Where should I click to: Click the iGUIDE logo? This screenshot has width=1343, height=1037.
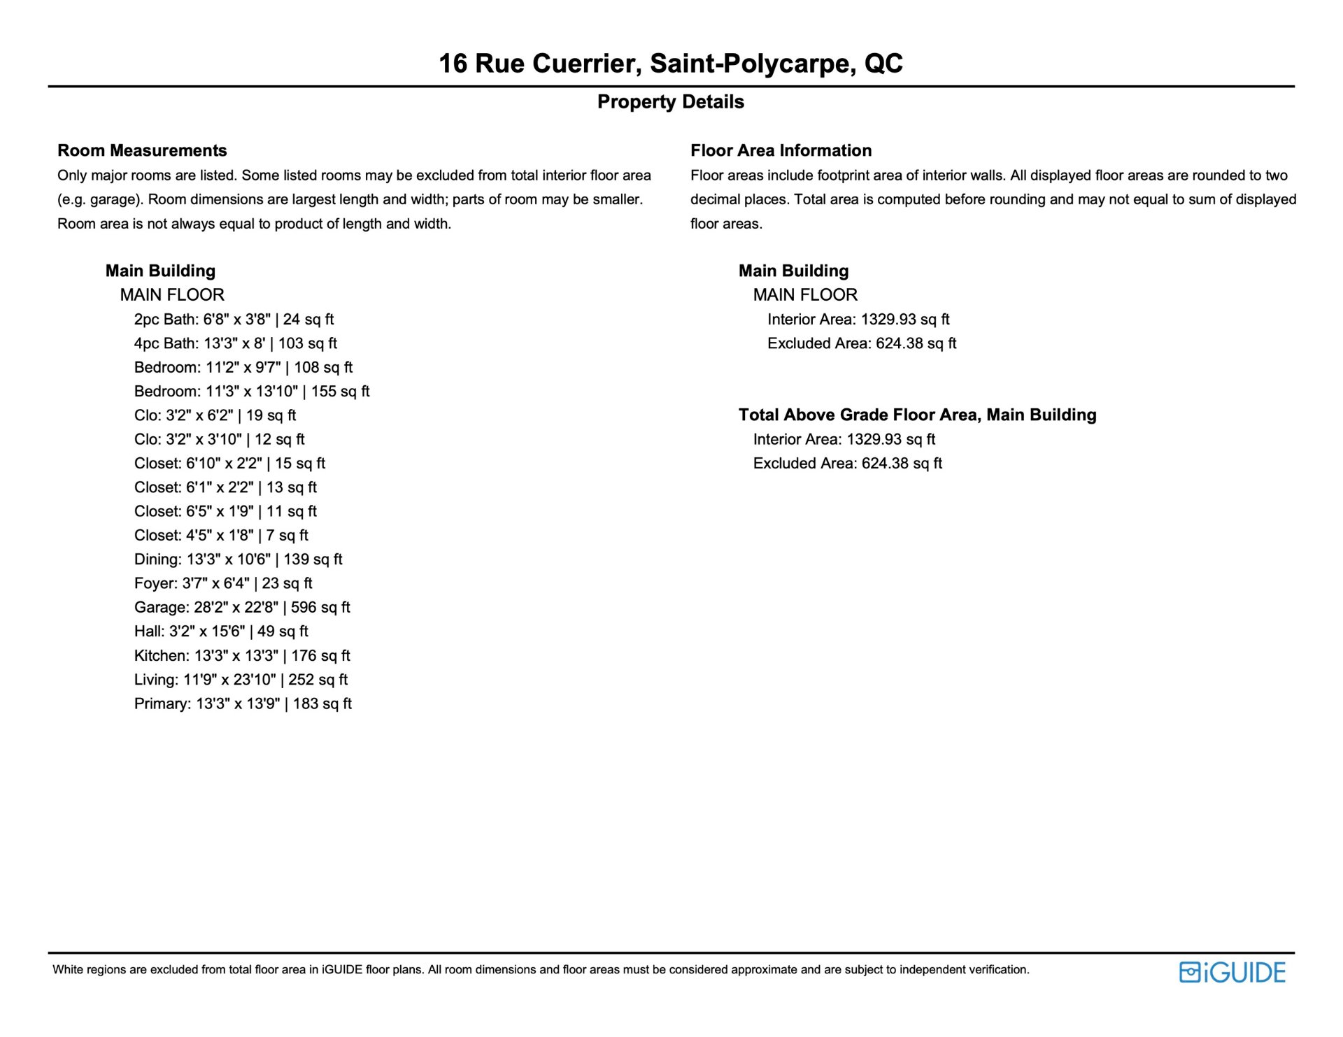tap(1232, 973)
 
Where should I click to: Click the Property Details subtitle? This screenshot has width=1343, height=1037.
tap(670, 102)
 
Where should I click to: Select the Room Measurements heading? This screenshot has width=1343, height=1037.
tap(142, 150)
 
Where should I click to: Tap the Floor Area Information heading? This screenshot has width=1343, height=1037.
tap(781, 150)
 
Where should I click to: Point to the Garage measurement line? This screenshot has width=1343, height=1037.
tap(242, 607)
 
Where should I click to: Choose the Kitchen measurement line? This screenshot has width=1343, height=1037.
tap(242, 655)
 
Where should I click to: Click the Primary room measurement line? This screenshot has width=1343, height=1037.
tap(243, 703)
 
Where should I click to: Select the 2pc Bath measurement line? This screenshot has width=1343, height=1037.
tap(234, 319)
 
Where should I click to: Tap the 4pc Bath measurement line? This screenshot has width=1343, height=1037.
tap(236, 343)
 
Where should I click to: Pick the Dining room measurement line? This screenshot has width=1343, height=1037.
tap(238, 559)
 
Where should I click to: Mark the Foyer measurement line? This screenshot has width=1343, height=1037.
tap(223, 583)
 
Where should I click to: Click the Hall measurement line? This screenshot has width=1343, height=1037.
tap(221, 631)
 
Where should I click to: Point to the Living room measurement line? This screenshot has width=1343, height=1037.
tap(241, 680)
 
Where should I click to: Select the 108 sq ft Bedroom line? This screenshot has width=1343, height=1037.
tap(243, 367)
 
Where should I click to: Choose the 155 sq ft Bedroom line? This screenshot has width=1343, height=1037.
tap(252, 391)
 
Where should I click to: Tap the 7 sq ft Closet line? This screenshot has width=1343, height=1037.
tap(221, 535)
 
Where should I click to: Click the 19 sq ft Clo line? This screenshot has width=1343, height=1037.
tap(215, 415)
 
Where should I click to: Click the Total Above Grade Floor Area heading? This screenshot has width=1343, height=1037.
tap(917, 415)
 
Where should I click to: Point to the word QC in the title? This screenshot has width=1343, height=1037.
tap(883, 64)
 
